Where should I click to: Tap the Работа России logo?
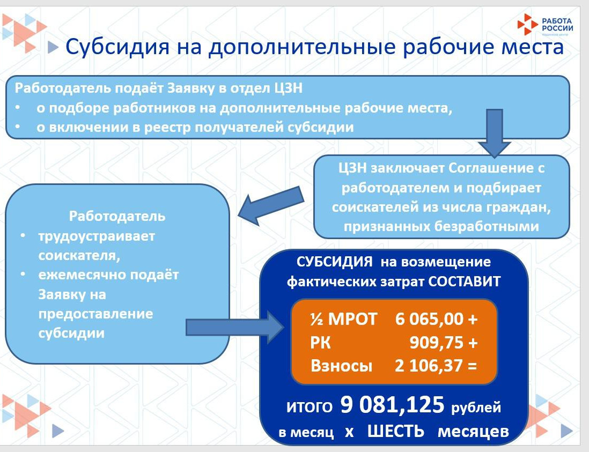click(x=545, y=24)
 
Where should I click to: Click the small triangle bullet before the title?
click(x=53, y=48)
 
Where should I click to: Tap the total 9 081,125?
click(x=393, y=406)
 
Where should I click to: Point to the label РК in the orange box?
click(x=321, y=343)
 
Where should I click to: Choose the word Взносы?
click(x=341, y=366)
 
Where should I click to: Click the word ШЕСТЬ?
click(x=395, y=431)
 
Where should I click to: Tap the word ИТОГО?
click(x=309, y=407)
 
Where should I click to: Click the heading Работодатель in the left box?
click(x=117, y=217)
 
